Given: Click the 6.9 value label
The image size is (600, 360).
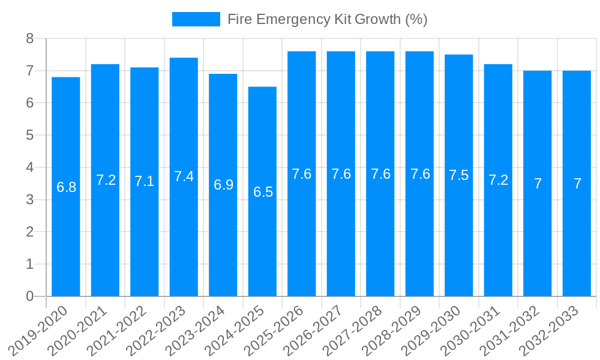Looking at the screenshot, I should pyautogui.click(x=223, y=185).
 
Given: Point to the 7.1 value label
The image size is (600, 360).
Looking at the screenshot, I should pyautogui.click(x=145, y=182).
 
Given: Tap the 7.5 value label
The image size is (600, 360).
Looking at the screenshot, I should pyautogui.click(x=459, y=175).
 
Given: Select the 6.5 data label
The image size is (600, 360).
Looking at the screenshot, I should pyautogui.click(x=263, y=192).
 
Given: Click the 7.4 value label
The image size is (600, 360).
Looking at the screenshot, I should pyautogui.click(x=184, y=176).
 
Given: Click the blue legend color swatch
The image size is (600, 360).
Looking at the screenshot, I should pyautogui.click(x=196, y=19).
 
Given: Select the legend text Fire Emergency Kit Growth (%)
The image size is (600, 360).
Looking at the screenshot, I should pyautogui.click(x=328, y=19).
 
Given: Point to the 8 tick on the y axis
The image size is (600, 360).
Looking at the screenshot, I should pyautogui.click(x=29, y=39).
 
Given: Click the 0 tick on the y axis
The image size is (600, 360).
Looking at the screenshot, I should pyautogui.click(x=29, y=296).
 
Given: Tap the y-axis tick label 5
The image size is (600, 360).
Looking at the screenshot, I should pyautogui.click(x=29, y=136).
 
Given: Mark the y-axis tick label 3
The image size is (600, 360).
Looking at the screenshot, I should pyautogui.click(x=29, y=200).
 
